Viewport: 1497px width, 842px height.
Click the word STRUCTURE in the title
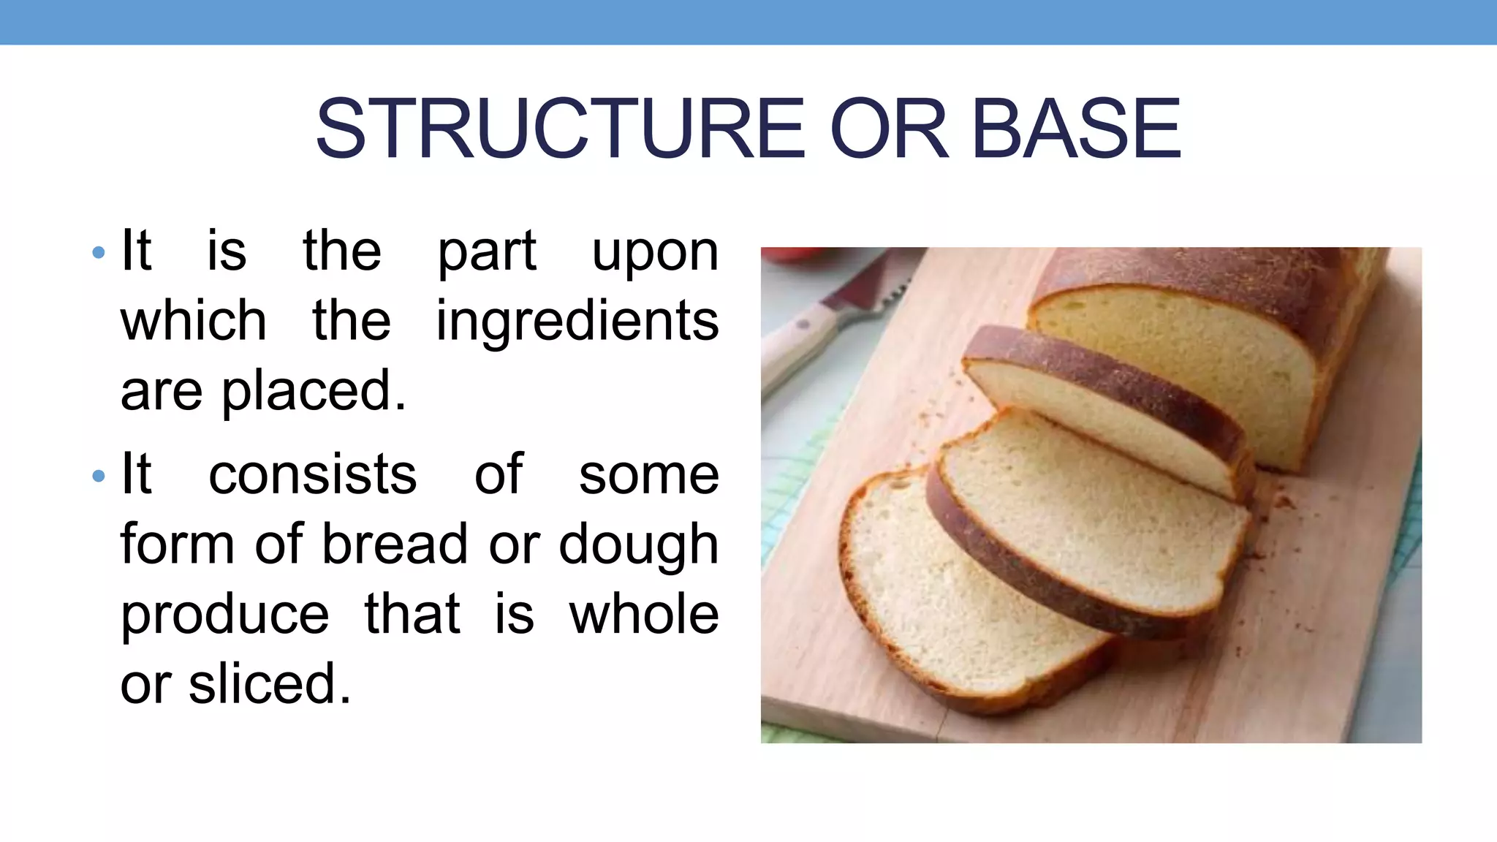560,130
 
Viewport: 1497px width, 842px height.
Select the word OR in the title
889,130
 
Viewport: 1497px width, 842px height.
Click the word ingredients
577,322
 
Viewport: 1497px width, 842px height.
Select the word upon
655,252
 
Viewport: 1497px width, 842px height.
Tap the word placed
314,392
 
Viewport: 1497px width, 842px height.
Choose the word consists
313,475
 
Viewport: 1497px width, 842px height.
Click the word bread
395,545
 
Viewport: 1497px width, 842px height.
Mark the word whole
644,615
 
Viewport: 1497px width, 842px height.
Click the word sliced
270,684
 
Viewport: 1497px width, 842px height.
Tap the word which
194,322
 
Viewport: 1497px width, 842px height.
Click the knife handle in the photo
797,344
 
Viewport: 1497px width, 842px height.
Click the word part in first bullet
487,252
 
